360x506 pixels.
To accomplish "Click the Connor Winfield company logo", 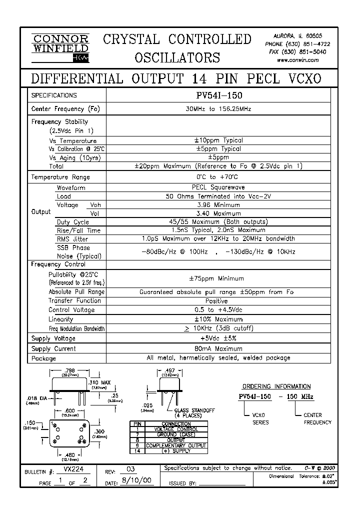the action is tap(60, 48).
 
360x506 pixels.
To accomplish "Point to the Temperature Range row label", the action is tap(60, 177).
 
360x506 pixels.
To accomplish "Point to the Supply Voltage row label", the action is tap(53, 338).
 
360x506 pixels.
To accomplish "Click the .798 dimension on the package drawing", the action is tap(69, 370).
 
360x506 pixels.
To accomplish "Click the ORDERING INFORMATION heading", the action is tap(276, 386).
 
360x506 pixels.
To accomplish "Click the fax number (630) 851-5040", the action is tap(305, 52).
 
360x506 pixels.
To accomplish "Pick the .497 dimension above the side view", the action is tap(170, 370).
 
